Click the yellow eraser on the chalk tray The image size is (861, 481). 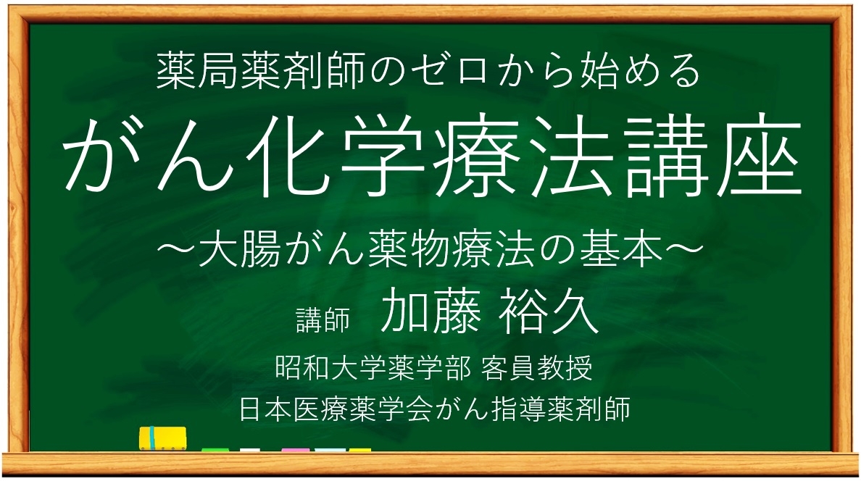click(x=162, y=438)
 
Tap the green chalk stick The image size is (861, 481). click(x=215, y=450)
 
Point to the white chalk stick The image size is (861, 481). click(x=250, y=450)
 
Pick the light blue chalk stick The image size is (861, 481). click(x=330, y=450)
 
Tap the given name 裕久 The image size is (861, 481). click(x=546, y=314)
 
